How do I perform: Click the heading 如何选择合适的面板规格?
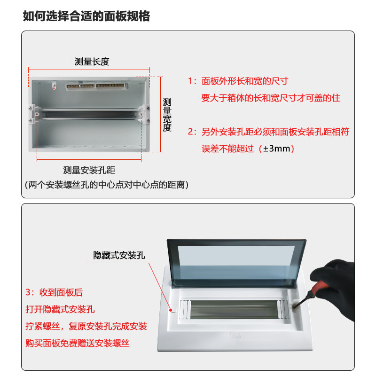pyautogui.click(x=86, y=16)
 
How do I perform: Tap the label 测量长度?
pyautogui.click(x=92, y=62)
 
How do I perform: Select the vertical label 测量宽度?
pyautogui.click(x=167, y=115)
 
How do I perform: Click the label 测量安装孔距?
pyautogui.click(x=89, y=171)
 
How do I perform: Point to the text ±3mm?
pyautogui.click(x=278, y=149)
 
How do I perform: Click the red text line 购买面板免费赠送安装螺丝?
pyautogui.click(x=78, y=343)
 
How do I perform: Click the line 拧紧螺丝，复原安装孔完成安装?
pyautogui.click(x=86, y=326)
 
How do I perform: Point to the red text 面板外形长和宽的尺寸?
pyautogui.click(x=244, y=81)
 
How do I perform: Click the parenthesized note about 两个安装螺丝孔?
pyautogui.click(x=107, y=185)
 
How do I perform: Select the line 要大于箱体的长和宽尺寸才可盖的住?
pyautogui.click(x=270, y=98)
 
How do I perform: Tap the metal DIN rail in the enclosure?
pyautogui.click(x=89, y=114)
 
